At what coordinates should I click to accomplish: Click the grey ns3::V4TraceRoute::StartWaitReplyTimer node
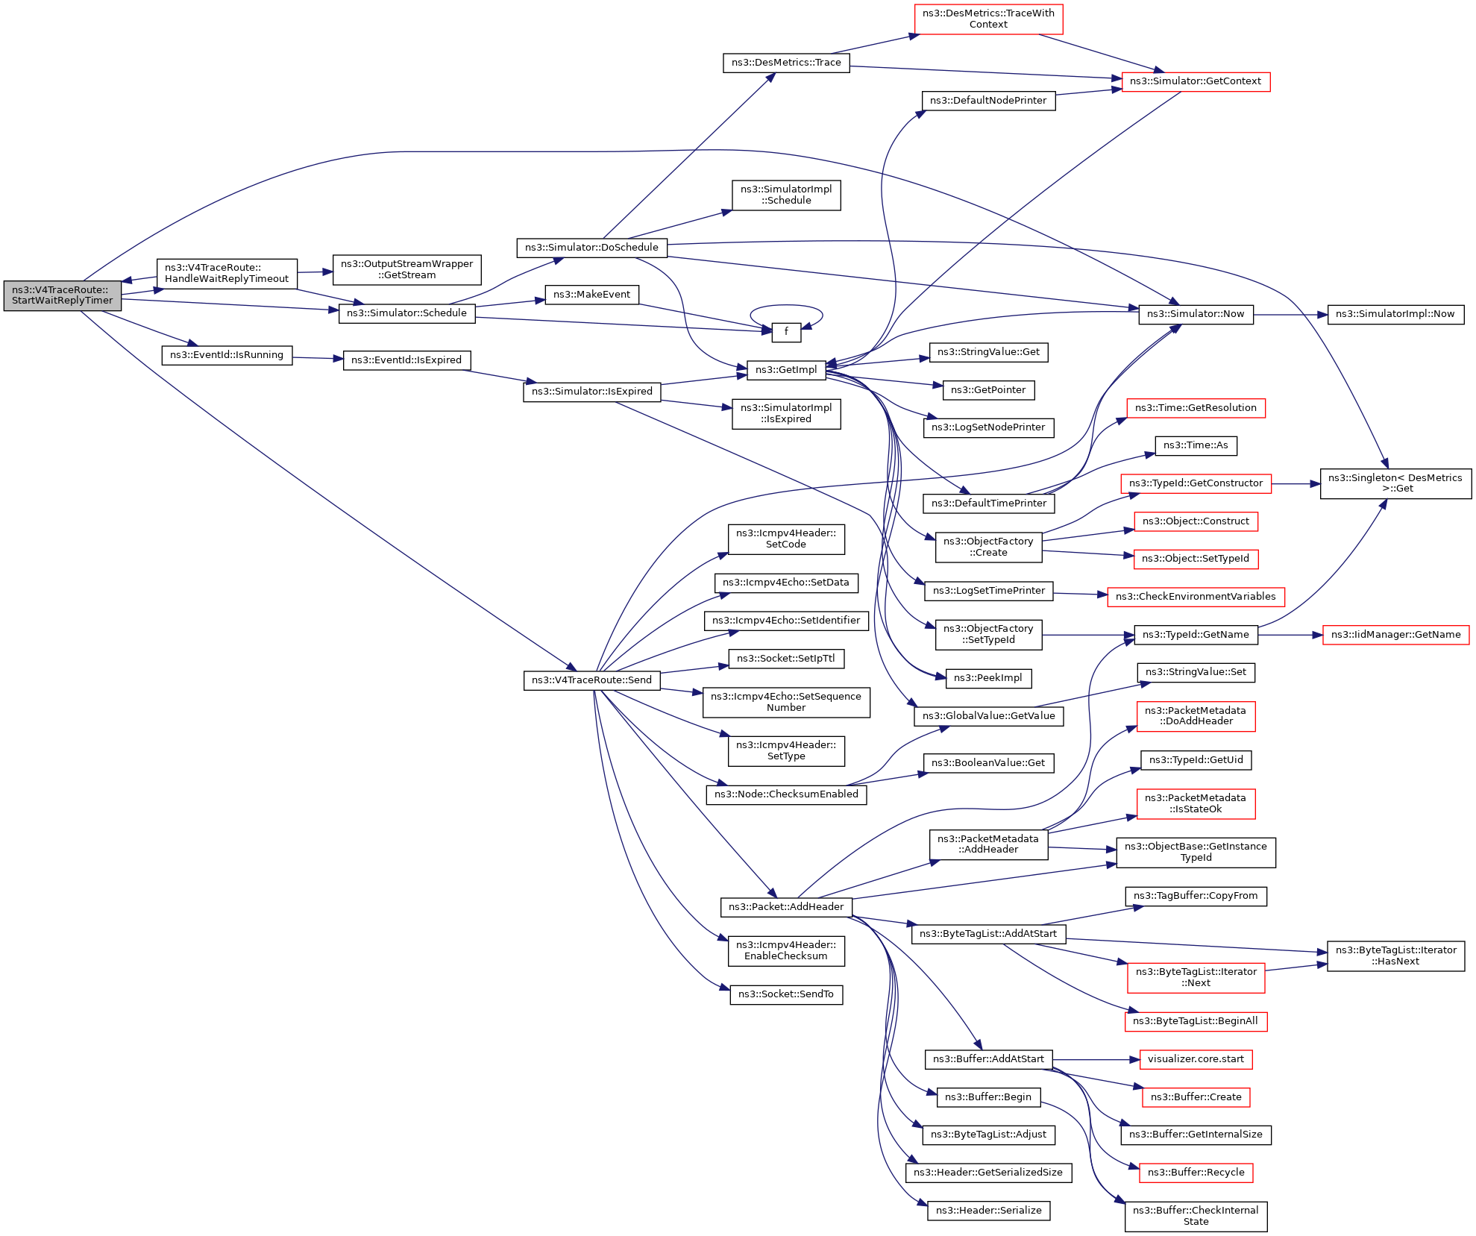tap(63, 295)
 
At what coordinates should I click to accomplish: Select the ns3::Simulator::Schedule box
tap(406, 313)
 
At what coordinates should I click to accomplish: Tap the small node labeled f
tap(786, 332)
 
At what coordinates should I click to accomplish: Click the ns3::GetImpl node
tap(786, 370)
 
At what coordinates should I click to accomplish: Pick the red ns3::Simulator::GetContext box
tap(1195, 81)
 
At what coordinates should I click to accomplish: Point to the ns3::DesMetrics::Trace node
tap(786, 63)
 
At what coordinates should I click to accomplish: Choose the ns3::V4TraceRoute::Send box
tap(591, 680)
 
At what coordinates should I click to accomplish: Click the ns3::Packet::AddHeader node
tap(786, 907)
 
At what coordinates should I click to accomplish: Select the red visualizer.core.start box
tap(1196, 1059)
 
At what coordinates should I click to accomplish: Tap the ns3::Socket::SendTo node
tap(786, 994)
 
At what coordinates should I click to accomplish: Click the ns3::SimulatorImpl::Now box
tap(1395, 314)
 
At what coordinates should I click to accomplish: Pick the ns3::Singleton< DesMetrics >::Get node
tap(1395, 483)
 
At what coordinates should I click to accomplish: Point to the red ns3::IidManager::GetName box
tap(1395, 635)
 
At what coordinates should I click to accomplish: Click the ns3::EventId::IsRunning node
tap(227, 355)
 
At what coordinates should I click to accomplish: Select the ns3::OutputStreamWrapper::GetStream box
tap(406, 269)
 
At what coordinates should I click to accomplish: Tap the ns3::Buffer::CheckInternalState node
tap(1196, 1216)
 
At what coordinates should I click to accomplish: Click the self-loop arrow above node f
tap(786, 305)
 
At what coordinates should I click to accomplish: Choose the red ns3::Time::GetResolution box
tap(1196, 408)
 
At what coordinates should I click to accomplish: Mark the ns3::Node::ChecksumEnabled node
tap(786, 794)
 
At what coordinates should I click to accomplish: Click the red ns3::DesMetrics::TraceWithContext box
tap(988, 19)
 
